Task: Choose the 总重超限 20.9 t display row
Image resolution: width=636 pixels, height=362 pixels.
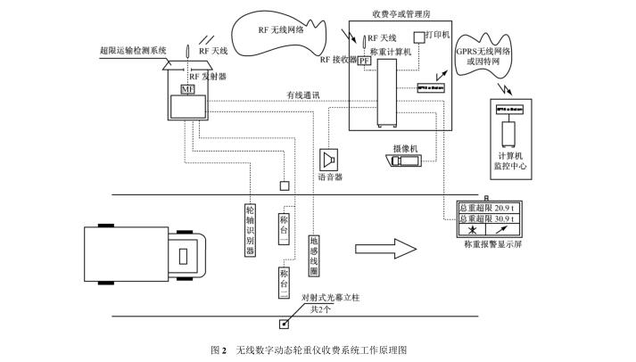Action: pyautogui.click(x=488, y=206)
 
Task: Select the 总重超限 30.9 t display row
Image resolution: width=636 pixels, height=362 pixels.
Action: pyautogui.click(x=488, y=218)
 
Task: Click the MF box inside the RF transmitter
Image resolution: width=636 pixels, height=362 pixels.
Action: pyautogui.click(x=186, y=90)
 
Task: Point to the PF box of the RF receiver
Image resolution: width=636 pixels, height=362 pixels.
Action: pyautogui.click(x=364, y=62)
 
